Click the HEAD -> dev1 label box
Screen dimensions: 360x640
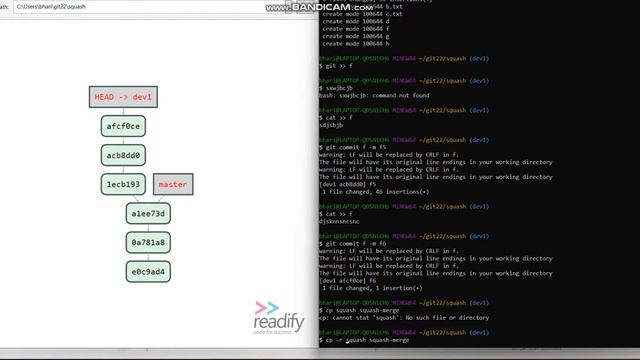pos(123,97)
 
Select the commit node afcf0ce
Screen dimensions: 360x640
pos(123,126)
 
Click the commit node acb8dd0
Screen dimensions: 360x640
pos(123,155)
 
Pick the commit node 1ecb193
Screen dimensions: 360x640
pos(123,184)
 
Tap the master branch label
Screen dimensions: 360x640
pos(172,184)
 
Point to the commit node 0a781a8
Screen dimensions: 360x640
pos(148,242)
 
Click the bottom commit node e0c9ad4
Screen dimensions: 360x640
pos(148,271)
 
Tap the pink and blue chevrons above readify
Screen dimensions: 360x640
pos(267,308)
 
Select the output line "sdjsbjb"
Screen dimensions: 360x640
pos(331,125)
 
